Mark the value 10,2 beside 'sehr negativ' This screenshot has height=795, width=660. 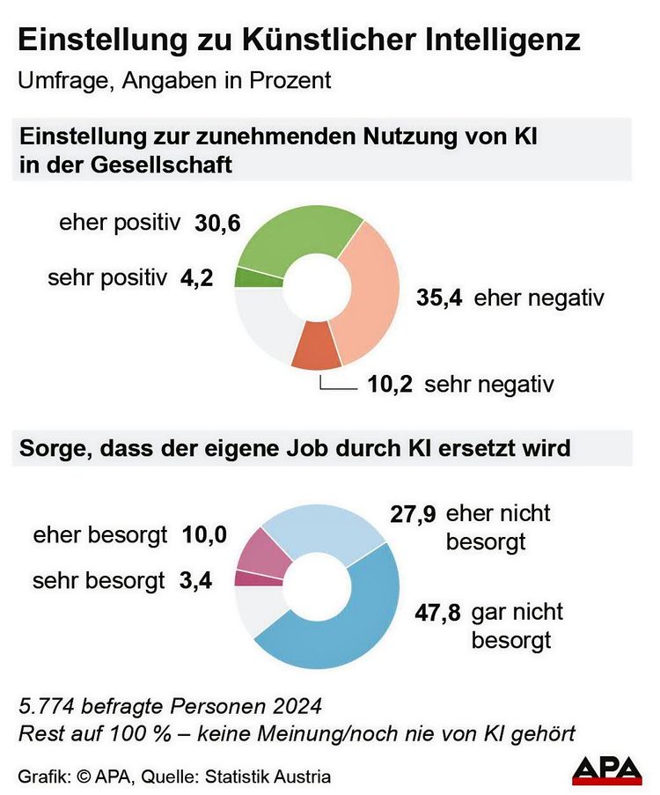(389, 385)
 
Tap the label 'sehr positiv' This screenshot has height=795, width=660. (107, 278)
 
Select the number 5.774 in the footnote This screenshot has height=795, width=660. (45, 707)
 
